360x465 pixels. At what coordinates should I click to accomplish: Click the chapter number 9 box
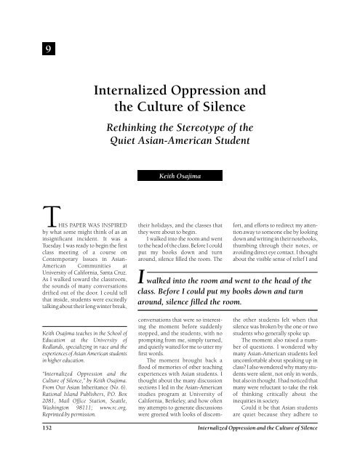point(25,49)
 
